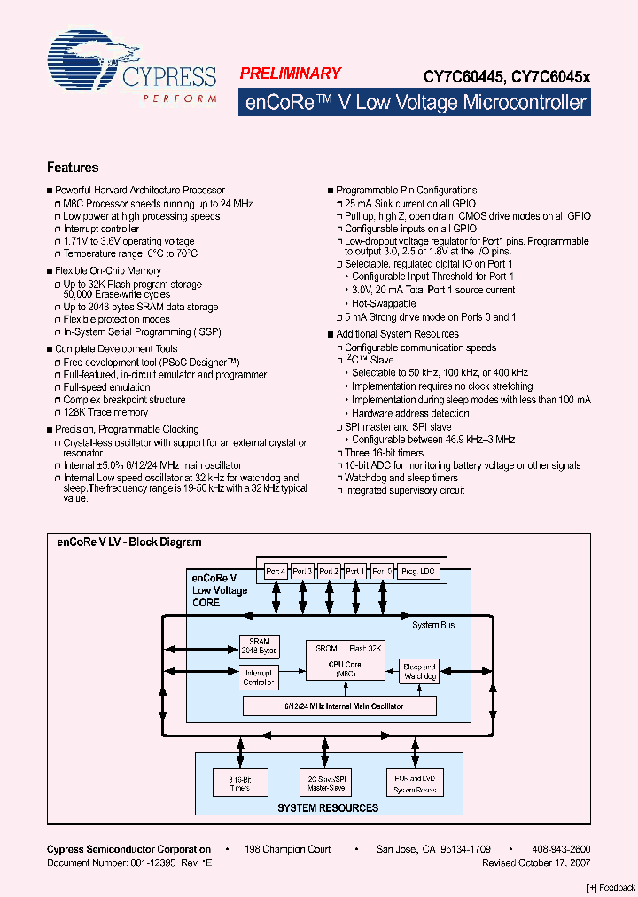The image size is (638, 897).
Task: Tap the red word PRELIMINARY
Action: [x=290, y=74]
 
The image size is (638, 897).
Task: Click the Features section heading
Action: [x=72, y=168]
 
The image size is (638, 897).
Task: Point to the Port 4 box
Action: [x=276, y=571]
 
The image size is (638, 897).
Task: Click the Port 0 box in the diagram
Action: [x=382, y=571]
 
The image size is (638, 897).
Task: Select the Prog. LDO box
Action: [x=418, y=571]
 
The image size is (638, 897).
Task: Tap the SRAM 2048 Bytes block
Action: [x=259, y=645]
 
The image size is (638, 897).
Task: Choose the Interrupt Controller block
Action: [x=259, y=678]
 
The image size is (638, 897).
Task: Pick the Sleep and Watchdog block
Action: [x=419, y=671]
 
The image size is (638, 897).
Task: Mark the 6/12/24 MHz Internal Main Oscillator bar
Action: [x=340, y=706]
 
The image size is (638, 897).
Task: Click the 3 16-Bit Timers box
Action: [x=238, y=782]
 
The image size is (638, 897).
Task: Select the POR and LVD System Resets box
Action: [x=414, y=782]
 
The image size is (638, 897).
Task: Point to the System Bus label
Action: [x=433, y=625]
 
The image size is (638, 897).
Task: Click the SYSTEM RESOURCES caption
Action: [x=328, y=807]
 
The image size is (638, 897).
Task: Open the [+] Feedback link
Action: [x=611, y=887]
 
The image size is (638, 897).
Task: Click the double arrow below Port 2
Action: [x=329, y=598]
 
